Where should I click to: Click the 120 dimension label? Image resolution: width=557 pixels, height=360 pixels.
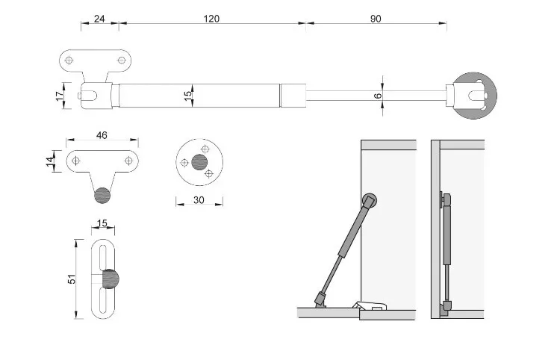[x=211, y=19]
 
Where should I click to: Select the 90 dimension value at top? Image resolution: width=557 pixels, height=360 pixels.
[x=376, y=19]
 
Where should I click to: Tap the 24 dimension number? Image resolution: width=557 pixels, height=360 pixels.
[x=99, y=19]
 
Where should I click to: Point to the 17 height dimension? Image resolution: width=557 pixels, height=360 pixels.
[x=60, y=96]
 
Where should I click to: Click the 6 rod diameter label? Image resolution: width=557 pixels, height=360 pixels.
[x=378, y=96]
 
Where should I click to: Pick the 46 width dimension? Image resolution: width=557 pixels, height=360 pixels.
[x=102, y=135]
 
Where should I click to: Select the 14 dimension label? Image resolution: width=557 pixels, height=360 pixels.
[x=51, y=161]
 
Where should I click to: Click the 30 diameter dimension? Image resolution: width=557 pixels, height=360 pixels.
[x=199, y=200]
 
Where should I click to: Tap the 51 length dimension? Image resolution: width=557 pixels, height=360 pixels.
[x=72, y=279]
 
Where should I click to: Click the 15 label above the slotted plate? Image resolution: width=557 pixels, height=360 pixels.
[x=102, y=223]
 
